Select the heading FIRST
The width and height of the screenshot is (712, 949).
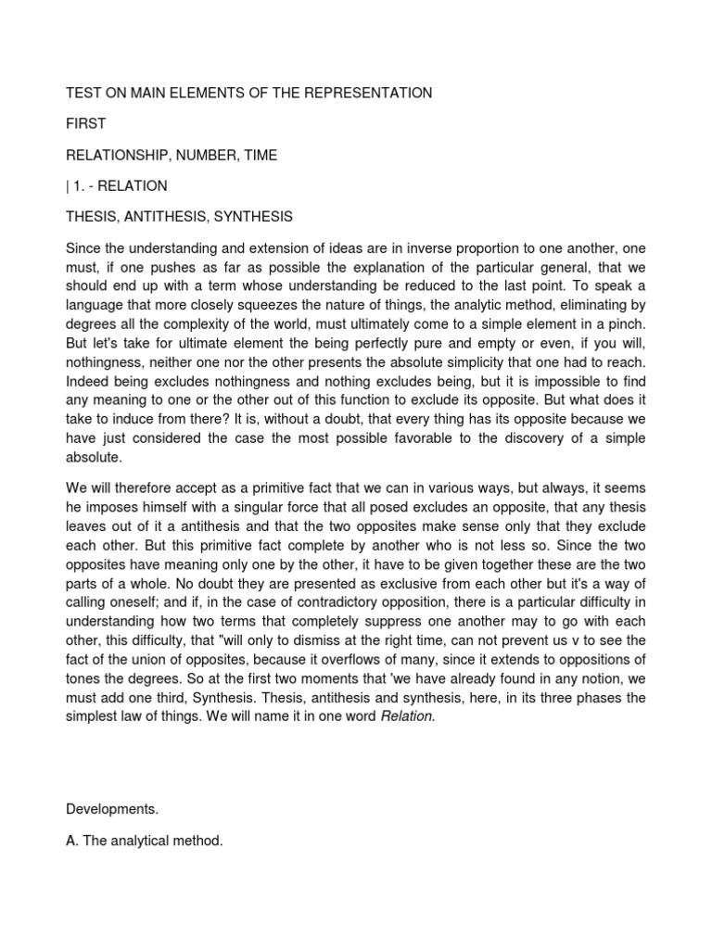[86, 124]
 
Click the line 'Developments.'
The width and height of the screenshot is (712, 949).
[112, 809]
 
